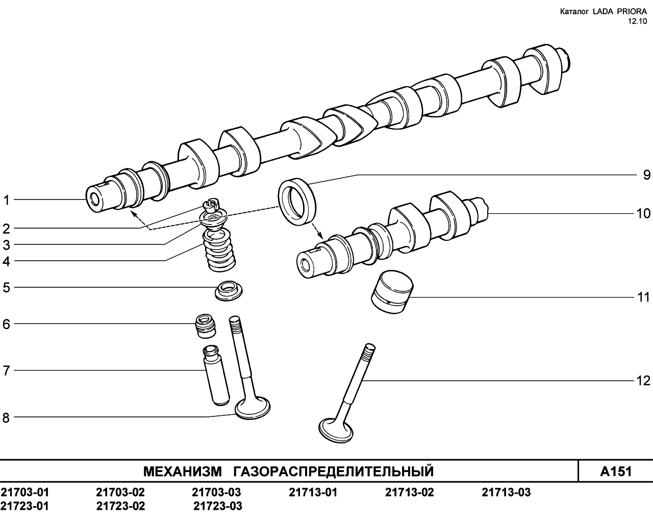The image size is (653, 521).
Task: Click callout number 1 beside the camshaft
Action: [x=6, y=201]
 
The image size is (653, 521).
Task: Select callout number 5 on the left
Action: [x=6, y=287]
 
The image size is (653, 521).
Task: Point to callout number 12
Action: [x=643, y=381]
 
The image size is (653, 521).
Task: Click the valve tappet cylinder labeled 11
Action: [x=392, y=292]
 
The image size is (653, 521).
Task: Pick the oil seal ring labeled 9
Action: [x=297, y=202]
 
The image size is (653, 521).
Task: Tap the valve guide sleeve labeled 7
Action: [x=216, y=375]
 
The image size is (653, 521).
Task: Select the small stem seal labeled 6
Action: [x=205, y=326]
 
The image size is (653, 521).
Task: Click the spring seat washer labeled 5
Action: [x=229, y=290]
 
